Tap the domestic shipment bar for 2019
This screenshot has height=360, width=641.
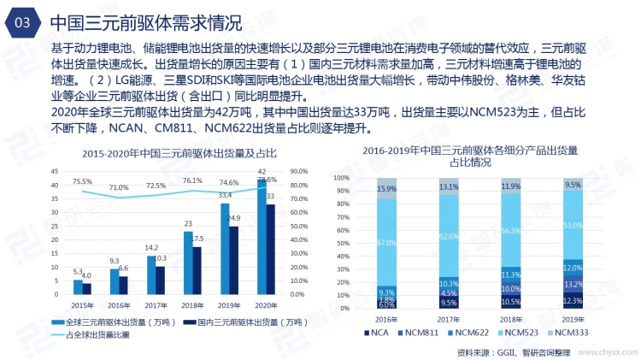tap(233, 267)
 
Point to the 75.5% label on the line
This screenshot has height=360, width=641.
tap(82, 182)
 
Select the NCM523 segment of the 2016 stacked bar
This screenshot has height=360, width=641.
tap(386, 243)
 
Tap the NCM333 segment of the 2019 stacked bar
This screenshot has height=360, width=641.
tap(573, 184)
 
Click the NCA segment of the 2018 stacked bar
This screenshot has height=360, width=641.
tap(511, 302)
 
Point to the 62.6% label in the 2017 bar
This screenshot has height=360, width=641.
tap(449, 237)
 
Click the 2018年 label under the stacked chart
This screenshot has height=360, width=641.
tap(511, 316)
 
